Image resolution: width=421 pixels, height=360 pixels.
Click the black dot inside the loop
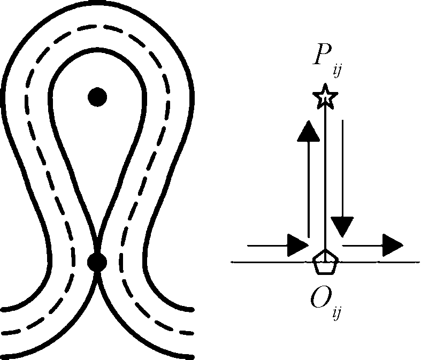pyautogui.click(x=97, y=97)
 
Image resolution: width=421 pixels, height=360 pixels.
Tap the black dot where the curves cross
pyautogui.click(x=97, y=263)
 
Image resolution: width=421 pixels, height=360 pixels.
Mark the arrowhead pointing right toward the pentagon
pyautogui.click(x=297, y=245)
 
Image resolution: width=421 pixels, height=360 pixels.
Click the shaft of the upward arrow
pyautogui.click(x=309, y=187)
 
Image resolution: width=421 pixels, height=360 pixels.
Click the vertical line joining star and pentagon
pyautogui.click(x=325, y=177)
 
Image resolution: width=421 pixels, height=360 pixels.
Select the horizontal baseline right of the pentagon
pyautogui.click(x=380, y=262)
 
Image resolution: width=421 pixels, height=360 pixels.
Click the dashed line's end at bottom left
pyautogui.click(x=4, y=333)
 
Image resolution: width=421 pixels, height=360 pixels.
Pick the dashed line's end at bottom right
pyautogui.click(x=191, y=333)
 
